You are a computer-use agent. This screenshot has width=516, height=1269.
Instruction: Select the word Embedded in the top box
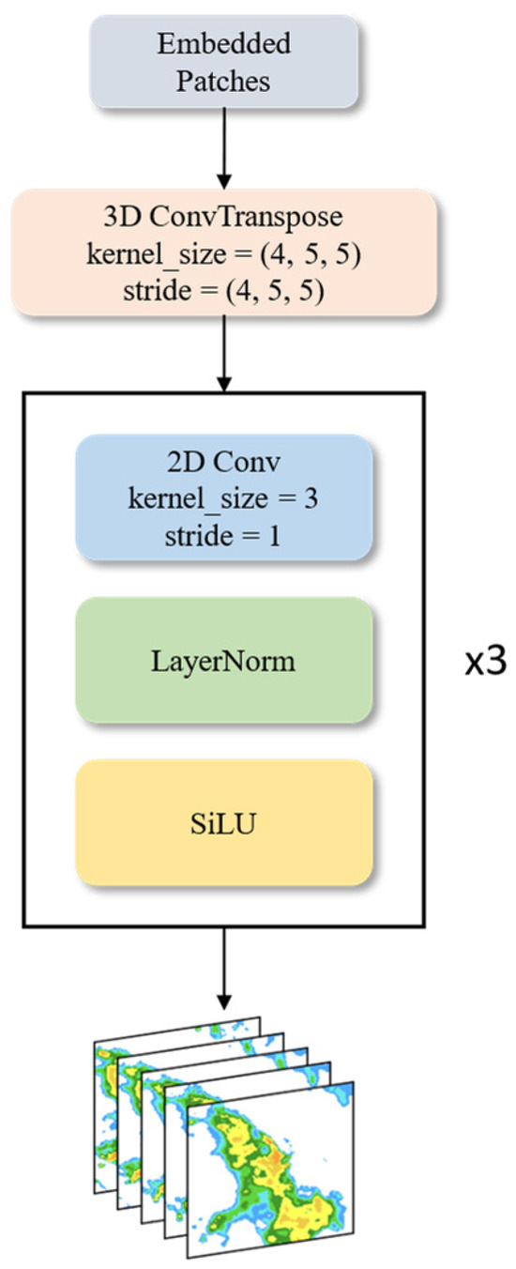point(224,43)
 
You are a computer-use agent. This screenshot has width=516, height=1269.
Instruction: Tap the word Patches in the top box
point(224,81)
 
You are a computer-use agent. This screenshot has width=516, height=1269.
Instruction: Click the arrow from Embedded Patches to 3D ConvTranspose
point(223,146)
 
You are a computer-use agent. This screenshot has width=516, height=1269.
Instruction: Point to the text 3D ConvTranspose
point(223,216)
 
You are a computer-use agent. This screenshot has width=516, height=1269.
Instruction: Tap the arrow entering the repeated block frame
point(223,353)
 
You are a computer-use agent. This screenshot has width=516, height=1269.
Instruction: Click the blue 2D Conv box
point(223,497)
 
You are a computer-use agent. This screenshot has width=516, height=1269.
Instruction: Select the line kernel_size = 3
point(223,497)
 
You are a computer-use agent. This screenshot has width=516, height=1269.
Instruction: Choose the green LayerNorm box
point(223,661)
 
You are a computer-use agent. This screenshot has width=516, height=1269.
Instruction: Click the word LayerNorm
point(223,661)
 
